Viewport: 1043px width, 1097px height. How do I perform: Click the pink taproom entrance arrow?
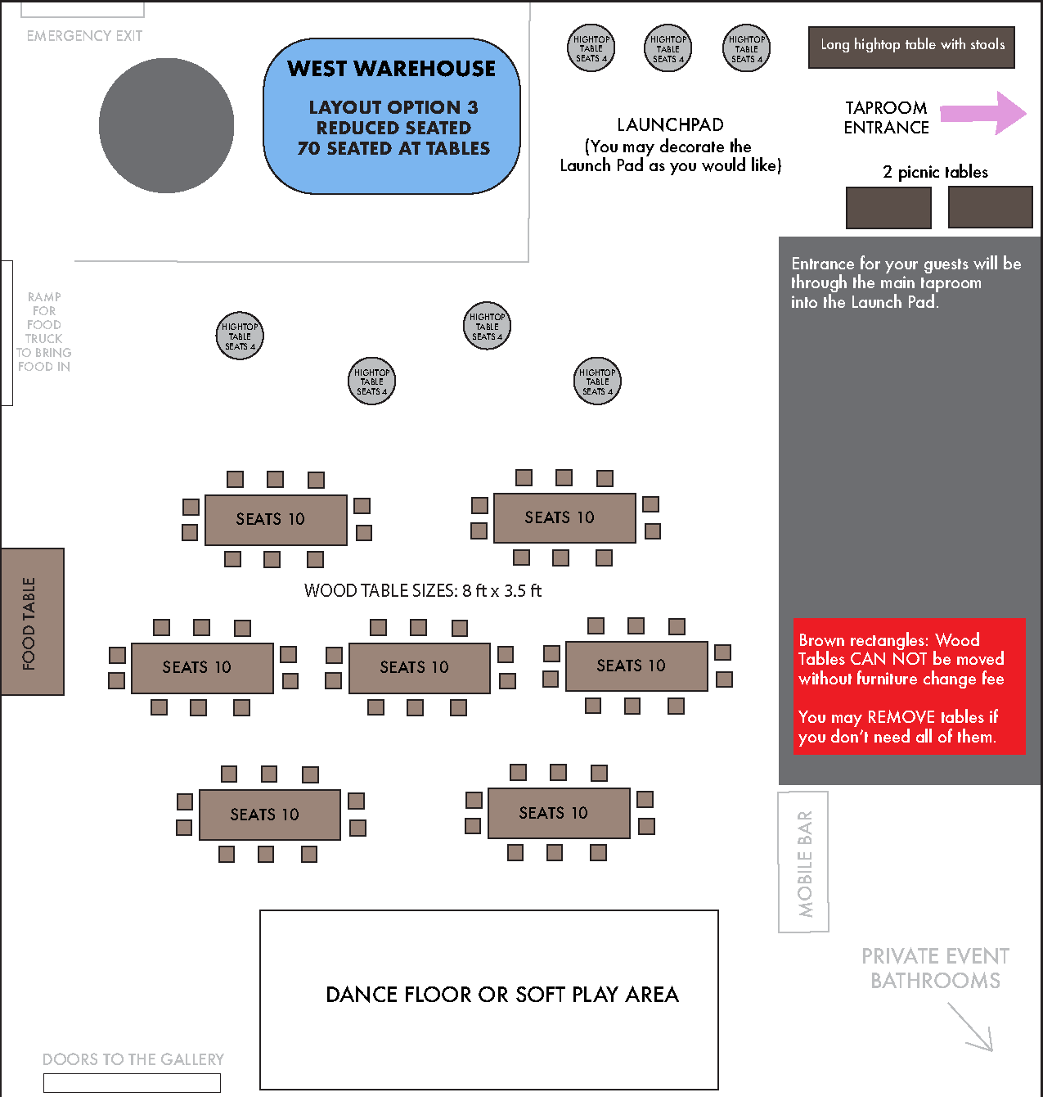tap(983, 113)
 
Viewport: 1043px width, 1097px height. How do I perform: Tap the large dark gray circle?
tap(166, 125)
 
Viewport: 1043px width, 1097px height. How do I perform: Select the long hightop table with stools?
tap(911, 47)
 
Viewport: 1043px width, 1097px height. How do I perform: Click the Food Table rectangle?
tap(33, 621)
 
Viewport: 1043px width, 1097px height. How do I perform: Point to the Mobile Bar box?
tap(803, 862)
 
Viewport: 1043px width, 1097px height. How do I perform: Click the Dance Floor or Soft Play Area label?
tap(502, 995)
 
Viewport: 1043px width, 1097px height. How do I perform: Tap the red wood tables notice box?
tap(909, 686)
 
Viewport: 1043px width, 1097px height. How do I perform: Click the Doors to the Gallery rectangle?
tap(133, 1083)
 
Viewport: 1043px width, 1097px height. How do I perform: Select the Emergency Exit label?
tap(84, 36)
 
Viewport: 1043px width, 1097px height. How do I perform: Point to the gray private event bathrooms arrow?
tap(970, 1027)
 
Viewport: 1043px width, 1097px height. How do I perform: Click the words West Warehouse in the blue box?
tap(392, 69)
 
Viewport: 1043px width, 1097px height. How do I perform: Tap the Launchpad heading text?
tap(670, 124)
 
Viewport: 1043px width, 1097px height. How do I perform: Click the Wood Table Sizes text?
tap(423, 590)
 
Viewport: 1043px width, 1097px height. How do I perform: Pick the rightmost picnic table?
tap(991, 208)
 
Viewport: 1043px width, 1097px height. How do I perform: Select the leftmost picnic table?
tap(888, 208)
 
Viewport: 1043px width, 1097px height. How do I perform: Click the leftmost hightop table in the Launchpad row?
tap(591, 48)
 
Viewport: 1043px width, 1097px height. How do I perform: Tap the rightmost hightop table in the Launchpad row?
tap(746, 48)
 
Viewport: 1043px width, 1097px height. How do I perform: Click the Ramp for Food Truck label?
tap(43, 332)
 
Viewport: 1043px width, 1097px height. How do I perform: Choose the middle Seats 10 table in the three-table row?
tap(420, 668)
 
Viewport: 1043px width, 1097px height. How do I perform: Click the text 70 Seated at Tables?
tap(393, 148)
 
